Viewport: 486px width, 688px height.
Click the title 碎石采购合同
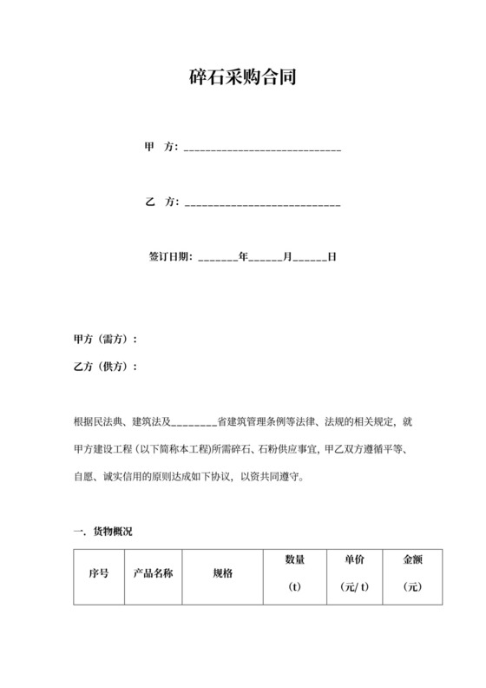tap(243, 77)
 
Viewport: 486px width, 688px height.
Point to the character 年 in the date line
tap(244, 257)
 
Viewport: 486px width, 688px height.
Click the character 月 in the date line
tap(288, 257)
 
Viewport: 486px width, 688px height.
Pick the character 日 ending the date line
tap(332, 257)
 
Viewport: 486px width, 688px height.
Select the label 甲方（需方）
tap(106, 339)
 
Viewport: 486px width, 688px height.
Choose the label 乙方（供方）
tap(106, 367)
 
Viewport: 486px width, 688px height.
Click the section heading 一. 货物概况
tap(103, 531)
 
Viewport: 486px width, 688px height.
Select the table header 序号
tap(99, 574)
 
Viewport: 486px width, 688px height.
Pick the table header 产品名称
tap(153, 574)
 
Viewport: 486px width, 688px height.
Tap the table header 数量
tap(294, 560)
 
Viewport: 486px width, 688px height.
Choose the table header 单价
tap(354, 560)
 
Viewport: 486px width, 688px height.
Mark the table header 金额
tap(412, 560)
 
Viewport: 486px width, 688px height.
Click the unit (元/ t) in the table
tap(354, 587)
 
